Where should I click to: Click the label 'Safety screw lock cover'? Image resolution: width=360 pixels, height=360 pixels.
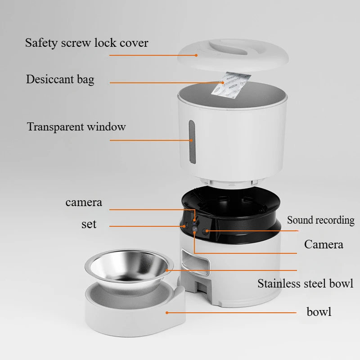pyautogui.click(x=86, y=43)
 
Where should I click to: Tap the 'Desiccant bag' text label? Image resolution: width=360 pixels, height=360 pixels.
pyautogui.click(x=60, y=80)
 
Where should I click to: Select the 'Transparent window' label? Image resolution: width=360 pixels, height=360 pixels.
pyautogui.click(x=76, y=127)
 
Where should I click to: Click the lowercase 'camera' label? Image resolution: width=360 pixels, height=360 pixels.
pyautogui.click(x=84, y=202)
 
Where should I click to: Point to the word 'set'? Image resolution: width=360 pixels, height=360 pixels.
pyautogui.click(x=89, y=224)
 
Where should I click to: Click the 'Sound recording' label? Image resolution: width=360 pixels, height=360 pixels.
pyautogui.click(x=320, y=220)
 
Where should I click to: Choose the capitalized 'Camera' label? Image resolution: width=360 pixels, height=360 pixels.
pyautogui.click(x=323, y=244)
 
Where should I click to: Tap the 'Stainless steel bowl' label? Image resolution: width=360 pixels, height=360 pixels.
pyautogui.click(x=305, y=283)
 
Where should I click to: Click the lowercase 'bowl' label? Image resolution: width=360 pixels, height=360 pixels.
pyautogui.click(x=319, y=311)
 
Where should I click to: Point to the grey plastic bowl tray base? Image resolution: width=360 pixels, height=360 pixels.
pyautogui.click(x=135, y=310)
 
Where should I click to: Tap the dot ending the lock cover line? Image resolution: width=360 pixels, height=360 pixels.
pyautogui.click(x=196, y=55)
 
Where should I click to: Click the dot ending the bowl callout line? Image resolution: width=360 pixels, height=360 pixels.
pyautogui.click(x=167, y=312)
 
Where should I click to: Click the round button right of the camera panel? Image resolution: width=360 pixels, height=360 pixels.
pyautogui.click(x=207, y=231)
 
